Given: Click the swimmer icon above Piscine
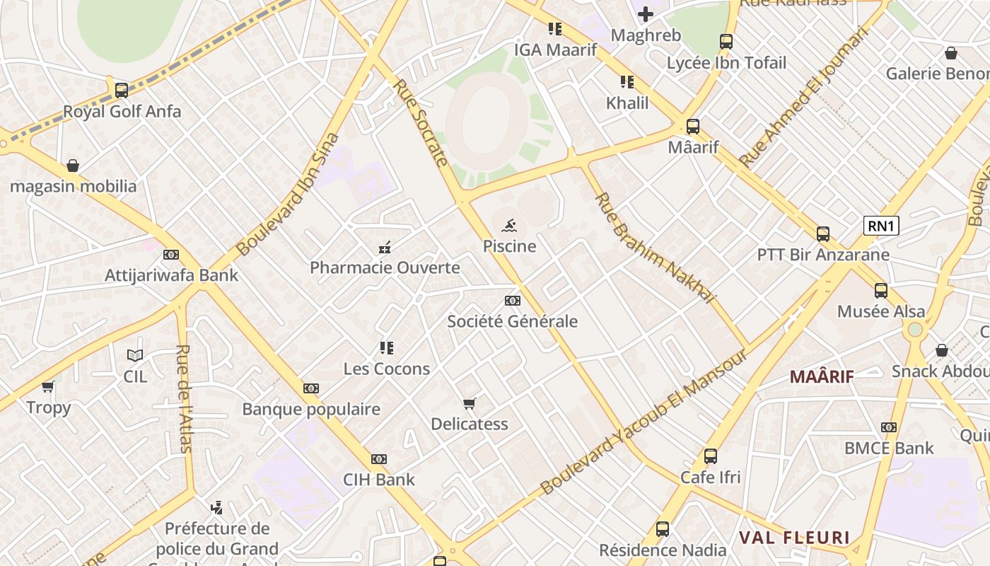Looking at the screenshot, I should pos(509,226).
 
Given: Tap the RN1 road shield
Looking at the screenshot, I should pos(881,226).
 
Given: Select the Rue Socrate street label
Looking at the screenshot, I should pos(421,123).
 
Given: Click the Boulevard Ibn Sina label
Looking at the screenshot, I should pos(288,195).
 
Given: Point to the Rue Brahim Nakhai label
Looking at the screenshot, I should pos(655,248).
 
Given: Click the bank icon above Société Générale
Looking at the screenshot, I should pos(513,301).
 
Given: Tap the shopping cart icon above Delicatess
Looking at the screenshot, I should pos(470,404).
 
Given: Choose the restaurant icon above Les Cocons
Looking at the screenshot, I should pos(386,348).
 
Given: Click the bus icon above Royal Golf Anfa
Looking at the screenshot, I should pos(122,91).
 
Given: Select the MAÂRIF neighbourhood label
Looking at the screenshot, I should pos(822,376).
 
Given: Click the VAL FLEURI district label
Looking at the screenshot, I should pos(793,538).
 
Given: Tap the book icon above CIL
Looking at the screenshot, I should pos(135,355).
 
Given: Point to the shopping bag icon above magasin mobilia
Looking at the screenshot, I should pos(73,166).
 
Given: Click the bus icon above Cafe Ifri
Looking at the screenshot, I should pos(711,456).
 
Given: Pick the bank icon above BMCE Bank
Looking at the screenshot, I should pos(889,427).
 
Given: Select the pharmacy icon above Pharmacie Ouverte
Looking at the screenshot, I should pos(385,248).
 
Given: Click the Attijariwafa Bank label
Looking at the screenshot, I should pos(172,275).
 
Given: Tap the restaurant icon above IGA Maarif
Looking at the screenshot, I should pos(555,29).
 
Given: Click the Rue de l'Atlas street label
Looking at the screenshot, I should pos(185,398).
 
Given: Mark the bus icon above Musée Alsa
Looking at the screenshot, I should pos(881,290).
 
